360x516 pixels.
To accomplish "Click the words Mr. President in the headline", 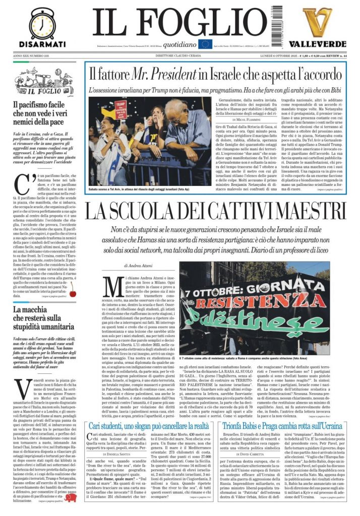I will pos(163,75).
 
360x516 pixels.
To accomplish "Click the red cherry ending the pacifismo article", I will pos(73,292).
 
